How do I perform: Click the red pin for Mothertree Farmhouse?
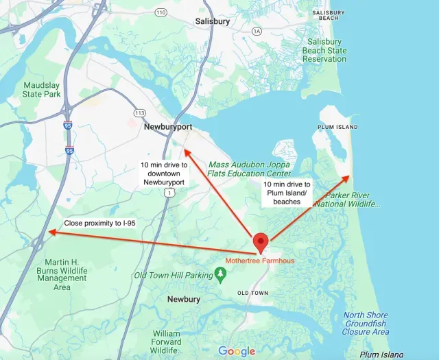[261, 243]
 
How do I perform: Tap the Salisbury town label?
[213, 21]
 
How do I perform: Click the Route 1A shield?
[257, 31]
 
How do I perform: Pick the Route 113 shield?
[139, 112]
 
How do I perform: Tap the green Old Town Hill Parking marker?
[220, 275]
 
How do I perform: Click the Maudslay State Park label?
[42, 90]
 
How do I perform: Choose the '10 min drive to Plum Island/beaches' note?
[287, 193]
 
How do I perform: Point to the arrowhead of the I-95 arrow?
[49, 233]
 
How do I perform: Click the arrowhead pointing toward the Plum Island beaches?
[348, 178]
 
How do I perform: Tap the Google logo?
[237, 351]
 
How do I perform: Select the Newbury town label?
[184, 300]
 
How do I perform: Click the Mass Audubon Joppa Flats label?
[249, 169]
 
